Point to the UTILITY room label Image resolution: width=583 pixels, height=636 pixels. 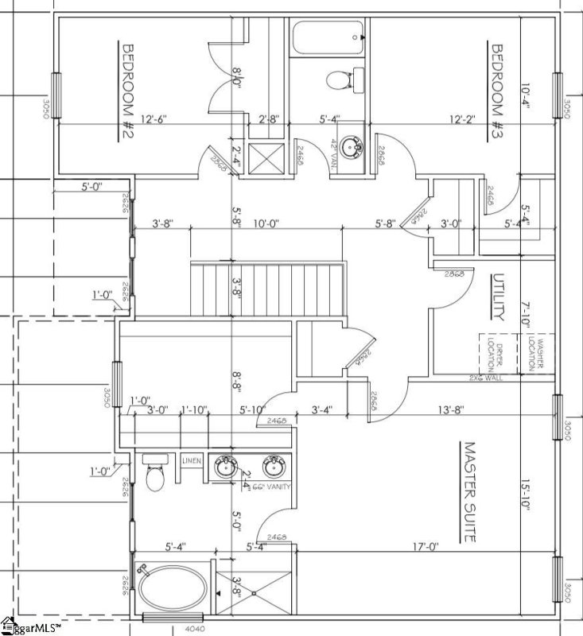[498, 298]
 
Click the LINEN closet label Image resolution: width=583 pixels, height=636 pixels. [192, 460]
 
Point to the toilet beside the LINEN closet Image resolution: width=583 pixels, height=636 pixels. [155, 476]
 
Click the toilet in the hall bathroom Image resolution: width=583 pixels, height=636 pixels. [341, 79]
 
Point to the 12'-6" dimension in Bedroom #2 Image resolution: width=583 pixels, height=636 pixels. [153, 119]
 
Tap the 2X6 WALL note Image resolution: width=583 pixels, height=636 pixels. [488, 377]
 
